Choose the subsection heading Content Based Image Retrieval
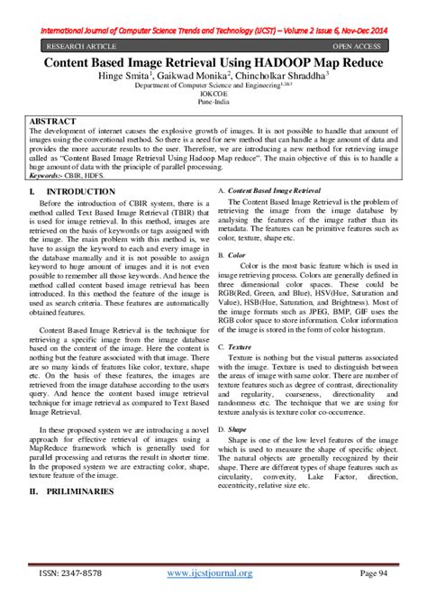tap(274, 192)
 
